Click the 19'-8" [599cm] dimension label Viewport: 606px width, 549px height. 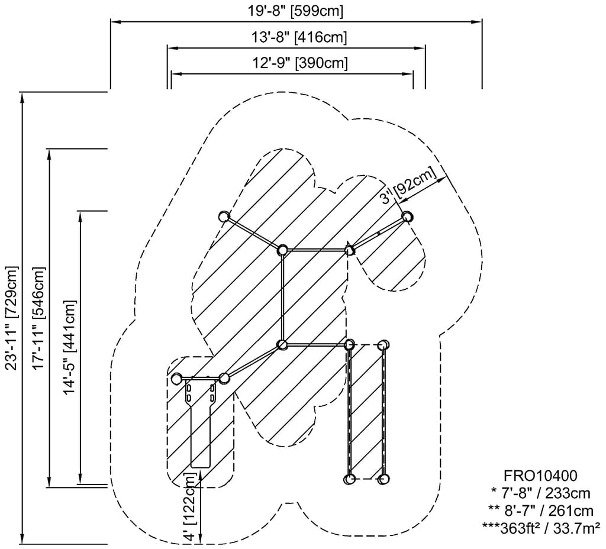coord(295,11)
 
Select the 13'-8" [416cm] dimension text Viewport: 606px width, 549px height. coord(299,37)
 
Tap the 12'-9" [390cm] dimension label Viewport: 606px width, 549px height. coord(300,62)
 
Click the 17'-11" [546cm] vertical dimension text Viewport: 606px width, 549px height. coord(39,318)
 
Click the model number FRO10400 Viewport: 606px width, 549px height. coord(540,476)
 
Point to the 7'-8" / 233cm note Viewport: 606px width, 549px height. coord(541,493)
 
